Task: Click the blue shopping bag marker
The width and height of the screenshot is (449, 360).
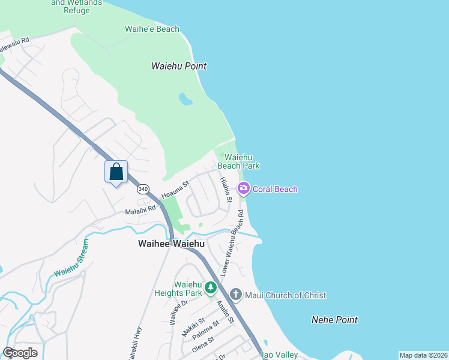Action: [116, 172]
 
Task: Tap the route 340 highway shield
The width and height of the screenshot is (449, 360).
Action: [143, 189]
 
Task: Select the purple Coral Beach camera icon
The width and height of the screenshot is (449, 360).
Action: [244, 189]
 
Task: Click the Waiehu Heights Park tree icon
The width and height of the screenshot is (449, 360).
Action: [211, 288]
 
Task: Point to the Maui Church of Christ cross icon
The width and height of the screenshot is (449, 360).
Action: [236, 295]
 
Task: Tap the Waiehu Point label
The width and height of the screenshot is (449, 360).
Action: [179, 66]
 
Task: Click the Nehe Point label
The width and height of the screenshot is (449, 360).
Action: [334, 320]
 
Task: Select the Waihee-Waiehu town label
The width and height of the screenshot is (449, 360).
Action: [171, 244]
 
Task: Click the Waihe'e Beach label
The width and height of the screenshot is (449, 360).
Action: [152, 29]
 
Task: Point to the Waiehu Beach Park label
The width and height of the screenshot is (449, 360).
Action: [238, 161]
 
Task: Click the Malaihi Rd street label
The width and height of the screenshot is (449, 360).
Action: [140, 209]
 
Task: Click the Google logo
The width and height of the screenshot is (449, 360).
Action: [20, 353]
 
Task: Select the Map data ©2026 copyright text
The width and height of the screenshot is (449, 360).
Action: [423, 355]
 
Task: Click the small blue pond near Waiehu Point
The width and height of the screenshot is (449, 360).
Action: [186, 99]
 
